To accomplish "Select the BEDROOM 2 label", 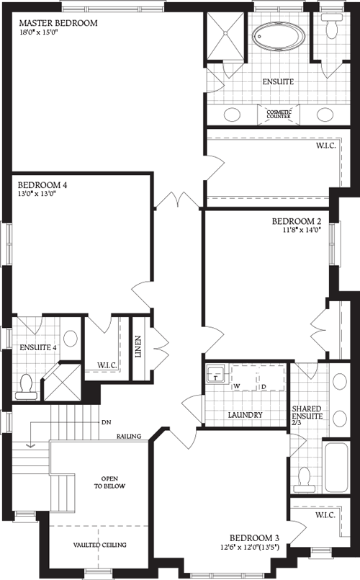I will point(296,220).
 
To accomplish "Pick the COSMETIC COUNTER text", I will point(279,115).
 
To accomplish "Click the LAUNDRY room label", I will point(245,415).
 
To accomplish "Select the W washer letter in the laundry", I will point(235,386).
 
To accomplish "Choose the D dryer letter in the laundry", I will point(264,386).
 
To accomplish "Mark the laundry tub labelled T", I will point(215,375).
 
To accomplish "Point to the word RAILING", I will point(133,436).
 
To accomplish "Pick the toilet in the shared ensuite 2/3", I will point(305,477).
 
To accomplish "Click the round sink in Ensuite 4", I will point(70,338).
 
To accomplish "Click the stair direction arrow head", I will point(30,445).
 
